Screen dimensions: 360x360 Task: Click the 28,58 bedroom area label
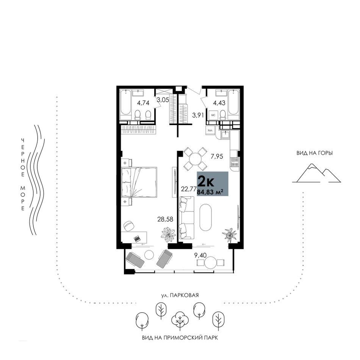point(165,219)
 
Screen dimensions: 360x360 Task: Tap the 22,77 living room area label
point(189,189)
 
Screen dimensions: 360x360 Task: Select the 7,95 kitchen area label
point(217,157)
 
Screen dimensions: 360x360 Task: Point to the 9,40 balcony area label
point(200,255)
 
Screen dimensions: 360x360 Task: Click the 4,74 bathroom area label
point(143,103)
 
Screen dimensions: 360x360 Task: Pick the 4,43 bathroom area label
point(219,103)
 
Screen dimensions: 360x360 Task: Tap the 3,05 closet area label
point(163,100)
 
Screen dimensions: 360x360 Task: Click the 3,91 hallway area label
point(198,116)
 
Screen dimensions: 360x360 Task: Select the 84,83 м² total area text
point(210,192)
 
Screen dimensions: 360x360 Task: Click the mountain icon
point(316,173)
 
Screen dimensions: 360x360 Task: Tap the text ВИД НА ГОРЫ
point(315,153)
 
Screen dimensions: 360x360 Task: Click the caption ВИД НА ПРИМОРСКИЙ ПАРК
point(180,338)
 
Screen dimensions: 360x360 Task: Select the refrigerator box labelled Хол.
point(210,130)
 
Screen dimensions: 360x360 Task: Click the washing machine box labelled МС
point(213,115)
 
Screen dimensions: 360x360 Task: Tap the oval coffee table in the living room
point(205,218)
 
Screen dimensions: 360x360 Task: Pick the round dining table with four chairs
point(195,159)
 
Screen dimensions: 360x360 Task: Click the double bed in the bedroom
point(139,182)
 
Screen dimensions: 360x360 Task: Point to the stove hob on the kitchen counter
point(235,162)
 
